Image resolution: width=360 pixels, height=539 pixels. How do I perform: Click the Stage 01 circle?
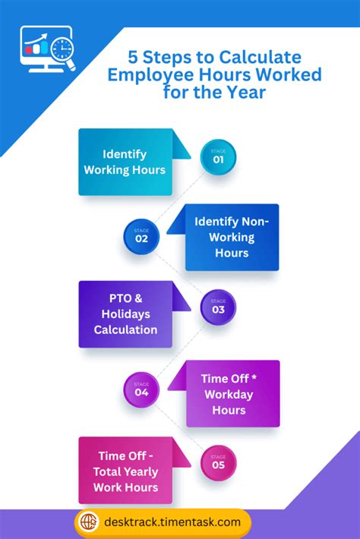218,157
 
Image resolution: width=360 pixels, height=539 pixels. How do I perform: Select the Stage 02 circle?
141,236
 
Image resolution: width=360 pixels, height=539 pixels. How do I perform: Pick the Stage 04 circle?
141,390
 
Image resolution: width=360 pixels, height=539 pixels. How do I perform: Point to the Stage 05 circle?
218,463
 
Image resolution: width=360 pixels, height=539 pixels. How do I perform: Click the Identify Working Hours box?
125,162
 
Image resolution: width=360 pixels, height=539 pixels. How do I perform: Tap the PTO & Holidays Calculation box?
125,314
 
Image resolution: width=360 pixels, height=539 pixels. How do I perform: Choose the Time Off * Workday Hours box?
232,393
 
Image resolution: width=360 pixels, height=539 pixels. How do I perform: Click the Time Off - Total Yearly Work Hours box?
125,471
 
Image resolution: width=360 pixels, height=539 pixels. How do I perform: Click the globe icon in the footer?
89,522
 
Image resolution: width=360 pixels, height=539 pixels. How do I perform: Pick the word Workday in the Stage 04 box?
229,395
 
